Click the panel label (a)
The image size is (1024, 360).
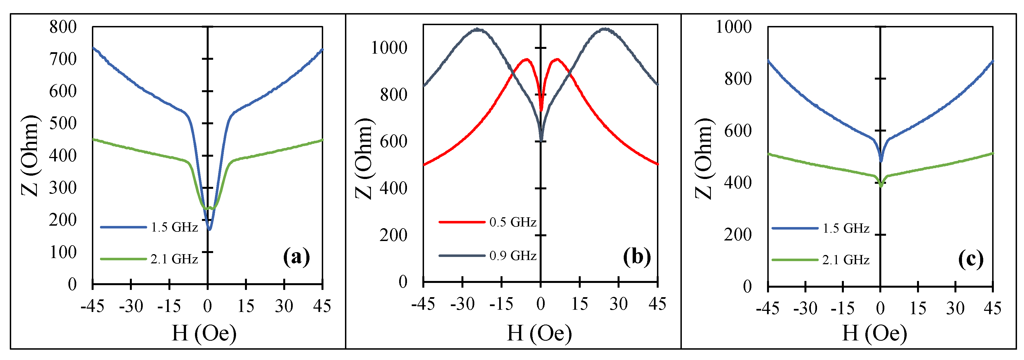pos(296,257)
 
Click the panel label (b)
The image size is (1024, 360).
pos(637,256)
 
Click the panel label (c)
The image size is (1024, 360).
pos(970,259)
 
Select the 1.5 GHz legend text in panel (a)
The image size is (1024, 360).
pos(174,227)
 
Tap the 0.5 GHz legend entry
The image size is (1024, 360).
pos(513,222)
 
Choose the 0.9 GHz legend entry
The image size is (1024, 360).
pos(513,256)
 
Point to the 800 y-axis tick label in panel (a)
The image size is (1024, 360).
pos(63,27)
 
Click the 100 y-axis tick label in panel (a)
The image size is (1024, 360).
pos(63,252)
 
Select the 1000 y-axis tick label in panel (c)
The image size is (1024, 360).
pos(734,27)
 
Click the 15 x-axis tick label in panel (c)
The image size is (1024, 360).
pos(918,308)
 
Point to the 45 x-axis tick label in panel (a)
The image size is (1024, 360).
pos(322,306)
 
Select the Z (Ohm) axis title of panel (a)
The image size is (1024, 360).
pos(30,156)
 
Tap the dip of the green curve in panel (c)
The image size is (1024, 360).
pos(881,185)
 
